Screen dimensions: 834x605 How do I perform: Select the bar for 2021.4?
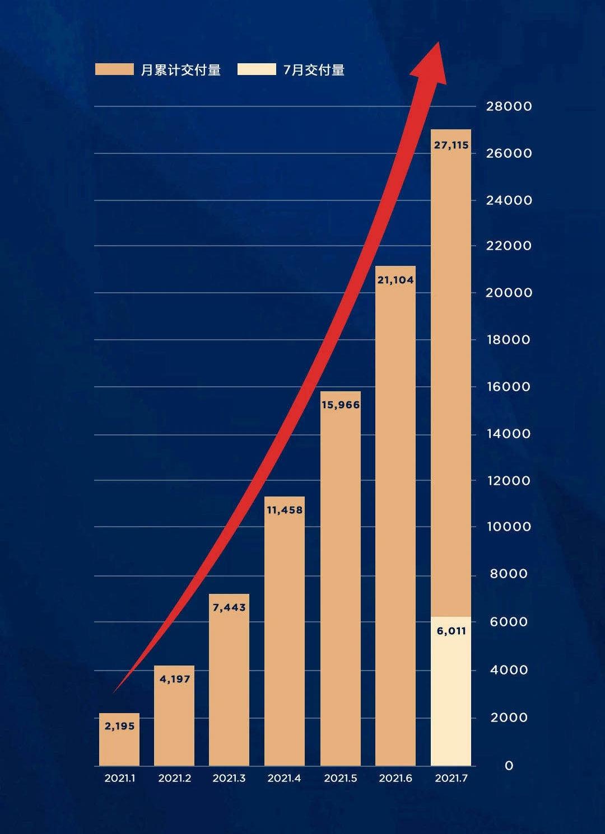pyautogui.click(x=285, y=632)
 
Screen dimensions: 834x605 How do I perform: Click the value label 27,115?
pyautogui.click(x=451, y=145)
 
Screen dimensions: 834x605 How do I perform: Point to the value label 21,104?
pyautogui.click(x=395, y=280)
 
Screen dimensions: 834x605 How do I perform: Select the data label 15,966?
pyautogui.click(x=341, y=405)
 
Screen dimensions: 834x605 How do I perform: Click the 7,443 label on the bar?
pyautogui.click(x=229, y=607)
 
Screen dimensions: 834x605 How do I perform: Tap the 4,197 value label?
pyautogui.click(x=175, y=679)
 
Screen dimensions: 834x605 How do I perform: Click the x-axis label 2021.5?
pyautogui.click(x=341, y=778)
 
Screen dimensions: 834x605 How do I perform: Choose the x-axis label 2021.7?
pyautogui.click(x=451, y=778)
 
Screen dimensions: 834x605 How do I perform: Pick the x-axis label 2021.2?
pyautogui.click(x=175, y=778)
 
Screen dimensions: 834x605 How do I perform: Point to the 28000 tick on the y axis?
pyautogui.click(x=509, y=106)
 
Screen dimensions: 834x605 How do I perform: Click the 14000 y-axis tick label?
pyautogui.click(x=509, y=434)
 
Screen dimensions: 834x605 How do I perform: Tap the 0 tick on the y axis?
pyautogui.click(x=509, y=766)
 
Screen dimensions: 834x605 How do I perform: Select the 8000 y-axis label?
pyautogui.click(x=509, y=574)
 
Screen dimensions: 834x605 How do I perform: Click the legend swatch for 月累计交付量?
pyautogui.click(x=114, y=69)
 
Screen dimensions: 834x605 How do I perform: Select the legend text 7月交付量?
pyautogui.click(x=314, y=70)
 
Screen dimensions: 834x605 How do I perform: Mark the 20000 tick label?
pyautogui.click(x=509, y=293)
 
